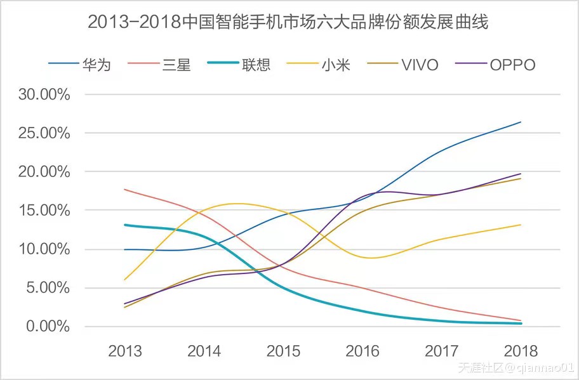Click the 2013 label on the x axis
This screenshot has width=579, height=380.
pos(124,351)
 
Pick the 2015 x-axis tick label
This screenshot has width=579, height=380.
pos(283,351)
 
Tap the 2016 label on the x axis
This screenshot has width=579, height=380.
pos(363,351)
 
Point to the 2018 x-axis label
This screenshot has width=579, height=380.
pos(521,351)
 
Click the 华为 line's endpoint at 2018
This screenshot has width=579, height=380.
pos(521,122)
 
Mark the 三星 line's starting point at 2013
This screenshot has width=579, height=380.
pos(124,189)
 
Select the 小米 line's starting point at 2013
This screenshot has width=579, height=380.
pos(124,280)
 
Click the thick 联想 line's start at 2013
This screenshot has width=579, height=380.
pos(124,225)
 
